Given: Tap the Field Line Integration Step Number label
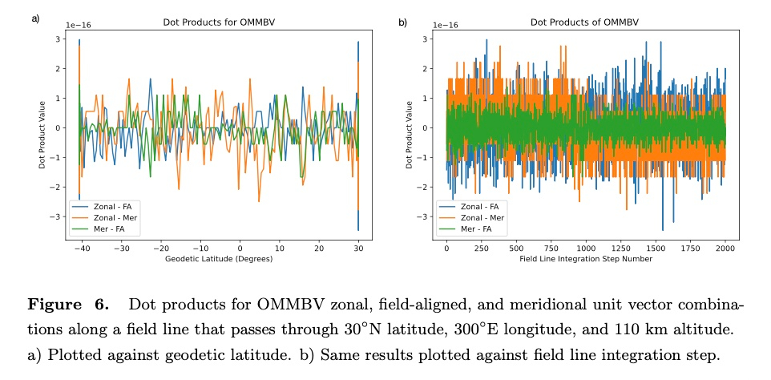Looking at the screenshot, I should pos(586,259).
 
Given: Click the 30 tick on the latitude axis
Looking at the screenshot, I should pos(357,248).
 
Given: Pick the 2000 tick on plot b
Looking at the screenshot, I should pos(725,248).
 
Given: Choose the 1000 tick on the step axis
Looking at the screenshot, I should pos(586,248).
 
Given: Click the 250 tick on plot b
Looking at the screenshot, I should pos(481,248).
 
